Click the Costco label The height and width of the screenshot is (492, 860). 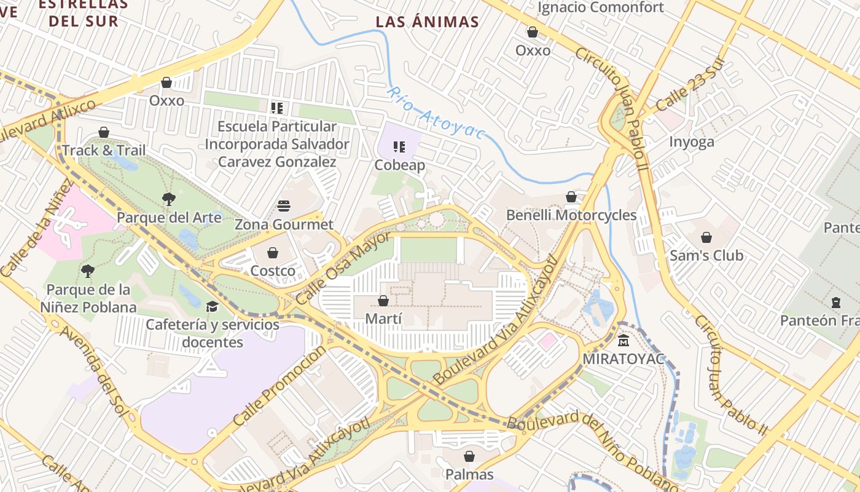[x=273, y=271]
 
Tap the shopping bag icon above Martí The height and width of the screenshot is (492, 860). [x=383, y=301]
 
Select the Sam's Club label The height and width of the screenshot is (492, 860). [x=706, y=255]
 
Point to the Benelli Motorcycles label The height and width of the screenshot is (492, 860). [x=571, y=215]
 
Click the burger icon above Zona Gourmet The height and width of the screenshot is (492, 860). [x=283, y=205]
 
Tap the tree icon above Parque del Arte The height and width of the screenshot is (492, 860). [x=168, y=199]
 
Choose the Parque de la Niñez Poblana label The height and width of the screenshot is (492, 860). [x=88, y=298]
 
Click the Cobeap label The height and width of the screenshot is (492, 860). [x=400, y=165]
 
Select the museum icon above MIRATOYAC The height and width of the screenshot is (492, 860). [x=624, y=340]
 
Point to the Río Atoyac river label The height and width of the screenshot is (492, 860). [x=436, y=113]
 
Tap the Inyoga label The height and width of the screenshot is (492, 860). [x=692, y=142]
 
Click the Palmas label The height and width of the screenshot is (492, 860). [x=470, y=474]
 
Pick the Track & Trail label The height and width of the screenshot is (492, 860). [x=104, y=151]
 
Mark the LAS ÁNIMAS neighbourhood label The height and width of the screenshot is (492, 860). [x=427, y=22]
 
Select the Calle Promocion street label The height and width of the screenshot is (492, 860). [x=280, y=386]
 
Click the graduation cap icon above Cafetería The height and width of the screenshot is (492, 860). [x=212, y=306]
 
